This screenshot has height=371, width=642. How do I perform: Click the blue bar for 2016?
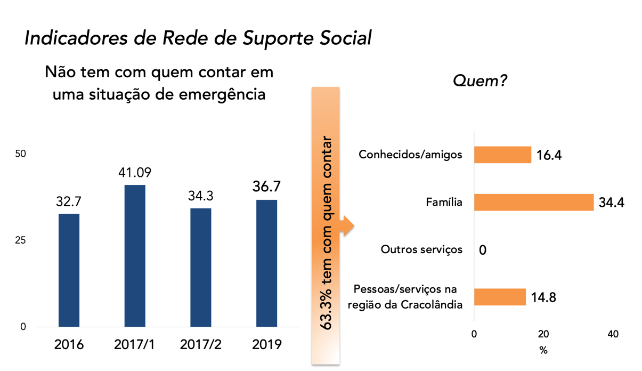coord(69,270)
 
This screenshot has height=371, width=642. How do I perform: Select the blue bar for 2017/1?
coord(135,256)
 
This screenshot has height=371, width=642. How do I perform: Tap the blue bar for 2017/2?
coord(200,267)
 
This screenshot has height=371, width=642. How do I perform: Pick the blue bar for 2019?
coord(266,263)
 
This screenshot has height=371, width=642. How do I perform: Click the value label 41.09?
coord(135,173)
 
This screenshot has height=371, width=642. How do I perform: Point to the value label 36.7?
coord(266,187)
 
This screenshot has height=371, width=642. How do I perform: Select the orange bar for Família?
coord(533,203)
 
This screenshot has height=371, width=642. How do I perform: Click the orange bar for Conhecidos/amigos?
coord(502,155)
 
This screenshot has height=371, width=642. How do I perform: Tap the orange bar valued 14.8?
coord(500,297)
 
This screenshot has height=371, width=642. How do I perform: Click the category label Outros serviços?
coord(421,249)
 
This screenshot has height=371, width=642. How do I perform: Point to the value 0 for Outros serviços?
coord(483,250)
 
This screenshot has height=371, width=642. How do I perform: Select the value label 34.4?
coord(611,203)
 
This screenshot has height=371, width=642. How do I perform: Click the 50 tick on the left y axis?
coord(20,154)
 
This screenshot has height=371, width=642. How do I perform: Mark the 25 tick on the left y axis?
coord(20,240)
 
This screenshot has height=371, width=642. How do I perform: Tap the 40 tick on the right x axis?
coord(613,334)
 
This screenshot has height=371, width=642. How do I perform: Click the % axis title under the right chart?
coord(543,351)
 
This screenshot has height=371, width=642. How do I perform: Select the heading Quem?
coord(480,81)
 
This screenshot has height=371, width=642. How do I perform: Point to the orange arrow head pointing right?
coord(349,225)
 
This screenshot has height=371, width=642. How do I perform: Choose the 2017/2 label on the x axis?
coord(200,344)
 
